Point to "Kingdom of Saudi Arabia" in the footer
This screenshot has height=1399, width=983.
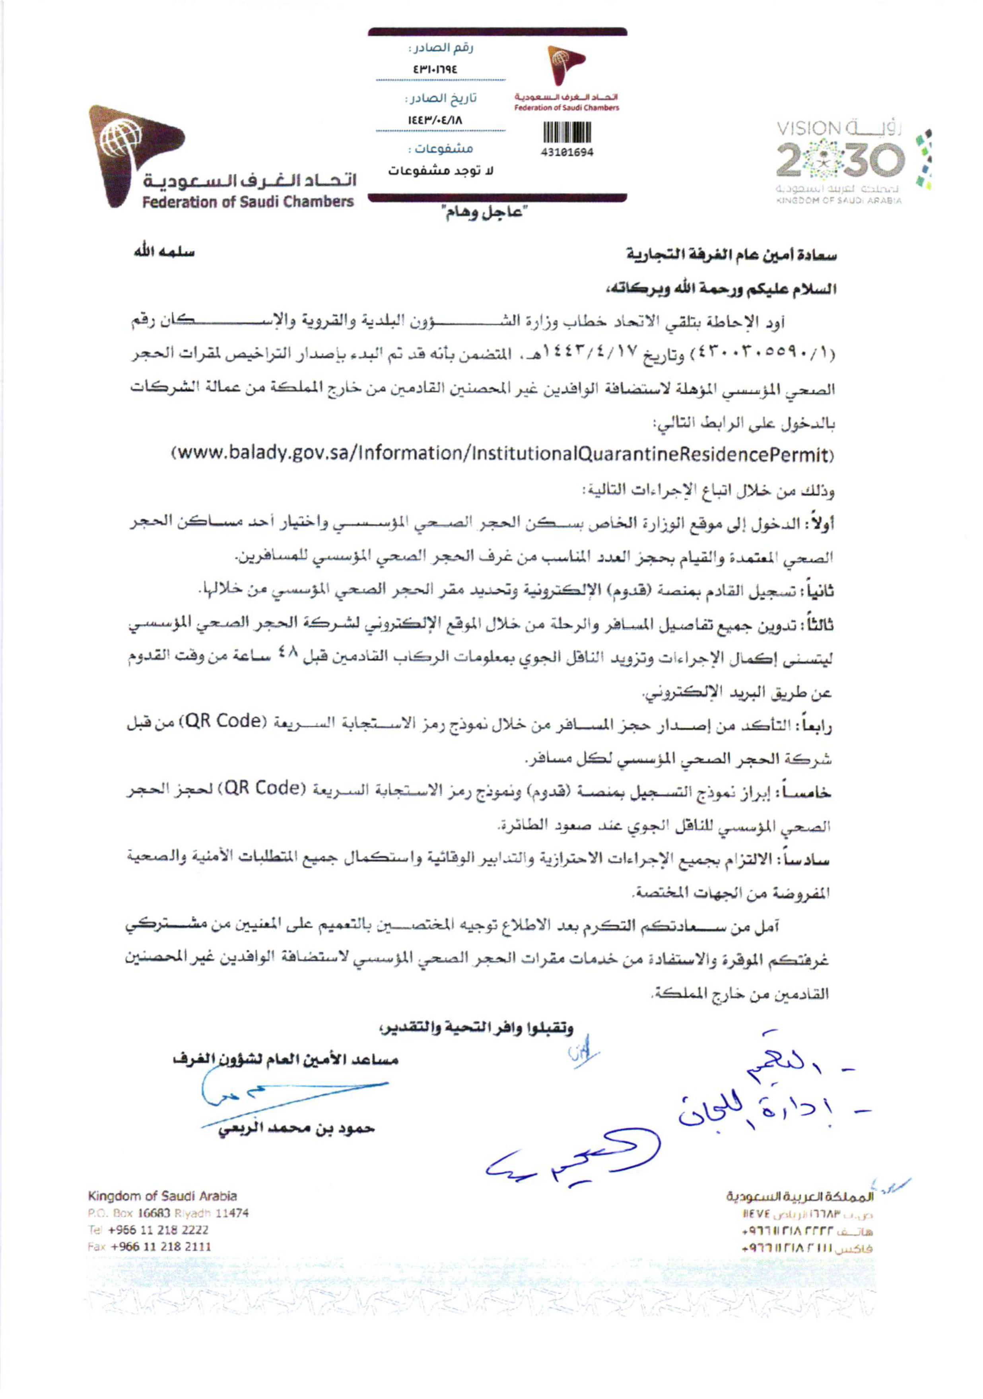(x=162, y=1196)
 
